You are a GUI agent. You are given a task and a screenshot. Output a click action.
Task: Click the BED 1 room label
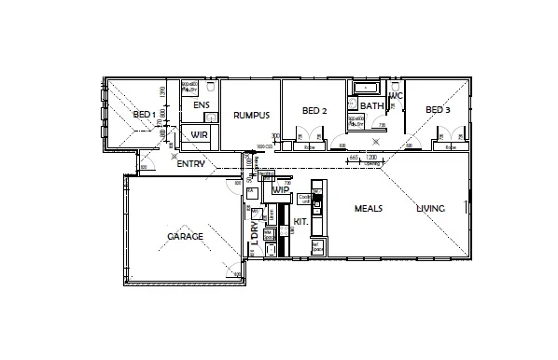pyautogui.click(x=144, y=115)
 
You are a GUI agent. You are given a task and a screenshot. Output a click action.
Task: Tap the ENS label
pyautogui.click(x=202, y=105)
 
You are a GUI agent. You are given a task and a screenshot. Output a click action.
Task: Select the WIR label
pyautogui.click(x=199, y=135)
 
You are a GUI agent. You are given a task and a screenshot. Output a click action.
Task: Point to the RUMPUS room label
pyautogui.click(x=252, y=115)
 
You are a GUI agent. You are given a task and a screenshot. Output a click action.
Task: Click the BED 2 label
pyautogui.click(x=314, y=111)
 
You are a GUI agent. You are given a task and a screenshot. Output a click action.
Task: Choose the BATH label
pyautogui.click(x=371, y=105)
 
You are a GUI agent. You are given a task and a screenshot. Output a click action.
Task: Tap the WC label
pyautogui.click(x=396, y=96)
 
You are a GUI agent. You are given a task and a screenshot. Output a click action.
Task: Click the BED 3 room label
pyautogui.click(x=438, y=110)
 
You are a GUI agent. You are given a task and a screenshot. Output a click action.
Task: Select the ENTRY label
pyautogui.click(x=190, y=164)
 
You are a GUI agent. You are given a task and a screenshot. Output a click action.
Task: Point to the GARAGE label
pyautogui.click(x=185, y=237)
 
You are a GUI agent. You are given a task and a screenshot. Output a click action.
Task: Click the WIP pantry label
pyautogui.click(x=279, y=189)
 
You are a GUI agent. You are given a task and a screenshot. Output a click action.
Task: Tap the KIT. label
pyautogui.click(x=300, y=222)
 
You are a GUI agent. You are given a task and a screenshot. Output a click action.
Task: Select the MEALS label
pyautogui.click(x=369, y=208)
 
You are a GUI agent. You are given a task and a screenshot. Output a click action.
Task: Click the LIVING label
pyautogui.click(x=430, y=208)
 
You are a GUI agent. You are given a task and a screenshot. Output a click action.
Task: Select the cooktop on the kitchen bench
pyautogui.click(x=316, y=201)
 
